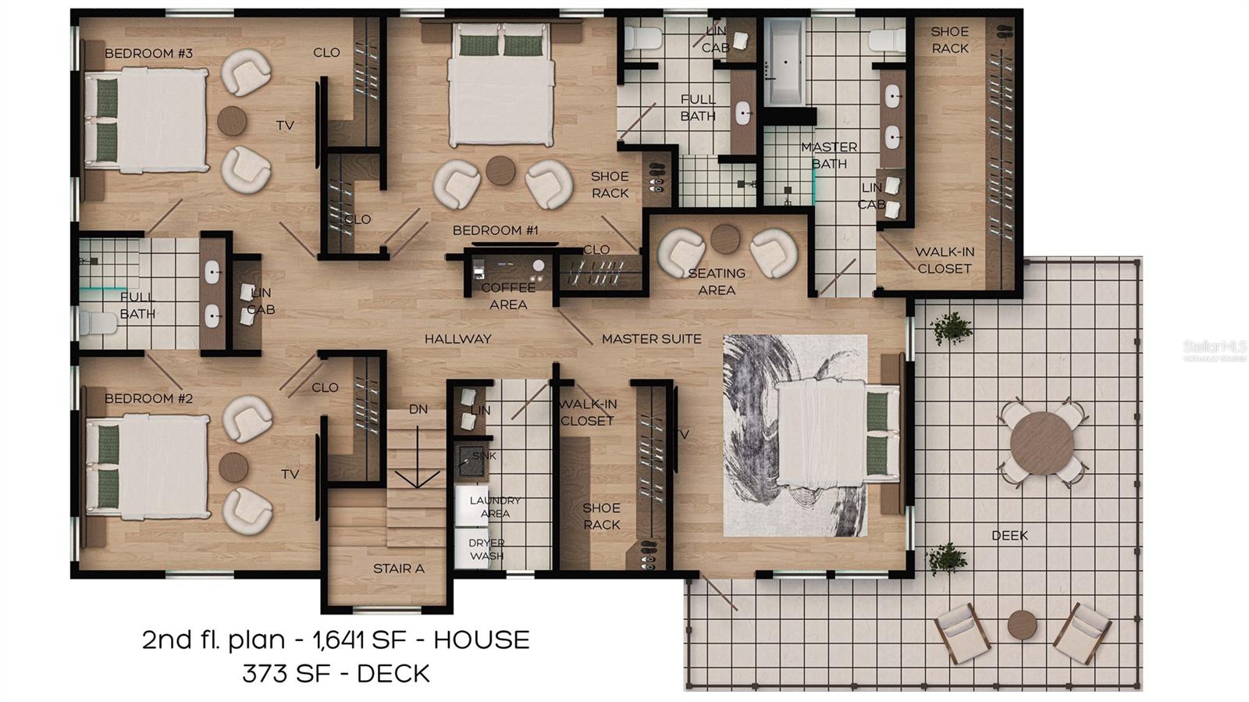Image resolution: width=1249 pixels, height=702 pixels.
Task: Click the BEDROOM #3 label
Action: [148, 53]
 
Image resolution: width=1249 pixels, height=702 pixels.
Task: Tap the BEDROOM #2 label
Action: [148, 398]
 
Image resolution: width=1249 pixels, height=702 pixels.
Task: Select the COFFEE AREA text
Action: [508, 296]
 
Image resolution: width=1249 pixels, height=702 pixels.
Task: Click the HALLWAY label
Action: [458, 339]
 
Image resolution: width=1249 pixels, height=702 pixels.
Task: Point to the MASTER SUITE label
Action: [651, 339]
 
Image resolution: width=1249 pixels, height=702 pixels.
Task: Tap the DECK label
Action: [1009, 536]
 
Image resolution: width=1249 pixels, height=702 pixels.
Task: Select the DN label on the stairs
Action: [418, 409]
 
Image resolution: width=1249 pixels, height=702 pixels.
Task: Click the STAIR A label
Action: [398, 568]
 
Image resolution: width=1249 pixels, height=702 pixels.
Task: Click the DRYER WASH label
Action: [486, 549]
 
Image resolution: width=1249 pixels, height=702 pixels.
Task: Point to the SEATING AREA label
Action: [717, 281]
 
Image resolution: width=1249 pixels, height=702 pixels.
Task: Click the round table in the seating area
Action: [724, 239]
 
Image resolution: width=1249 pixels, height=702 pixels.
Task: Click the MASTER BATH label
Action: [829, 155]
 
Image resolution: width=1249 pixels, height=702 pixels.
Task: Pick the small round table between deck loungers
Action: [1020, 623]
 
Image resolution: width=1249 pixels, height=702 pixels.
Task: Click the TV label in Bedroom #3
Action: [285, 125]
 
